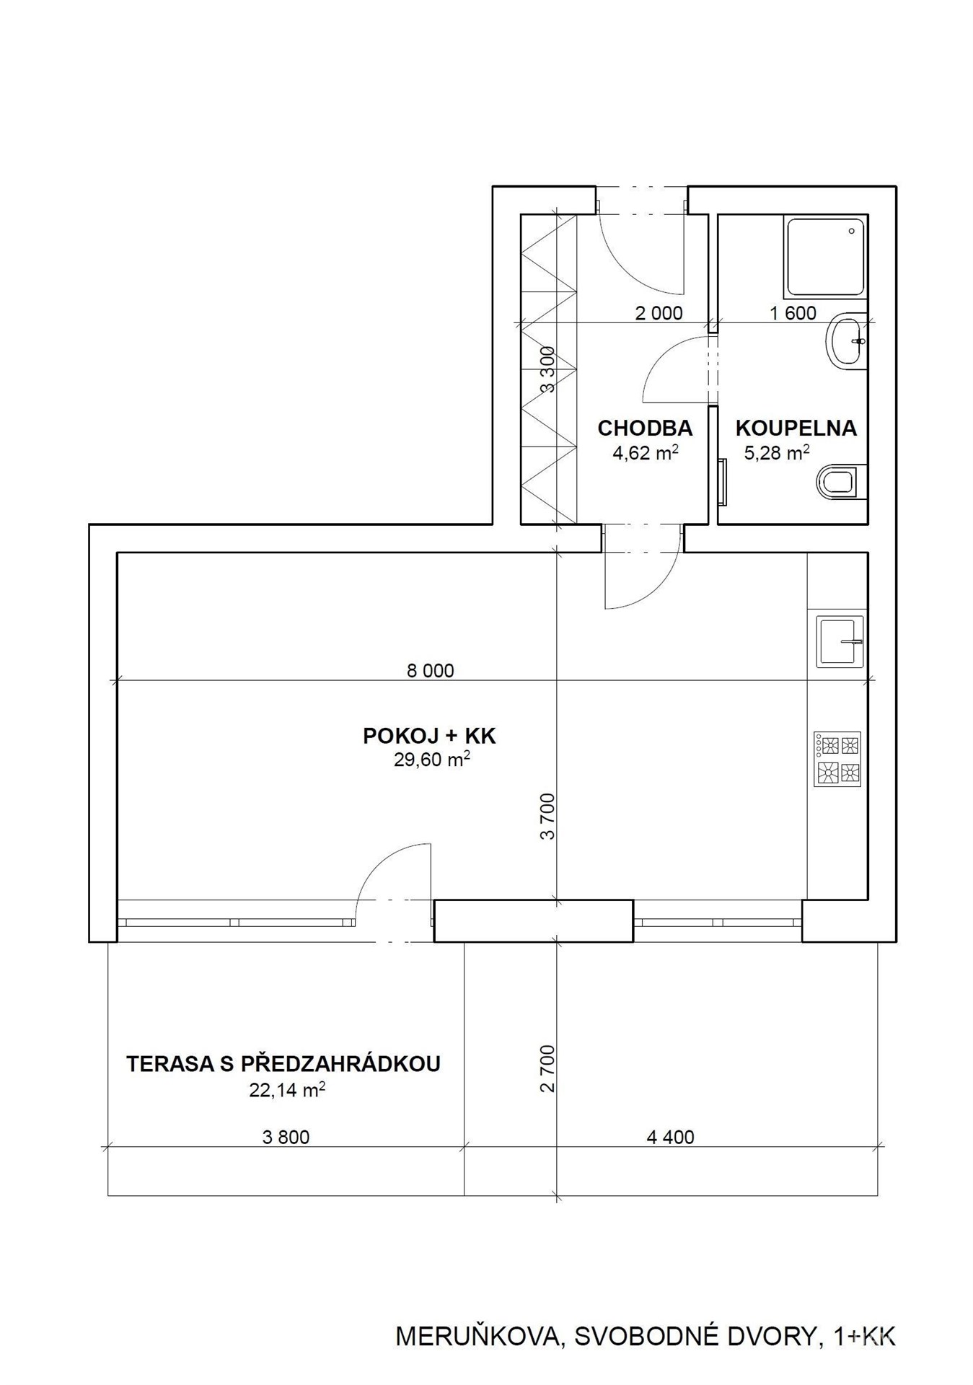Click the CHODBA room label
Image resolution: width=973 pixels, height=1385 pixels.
[x=645, y=428]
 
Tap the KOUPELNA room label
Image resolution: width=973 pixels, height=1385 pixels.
[x=796, y=428]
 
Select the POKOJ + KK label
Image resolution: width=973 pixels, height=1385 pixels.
[x=430, y=736]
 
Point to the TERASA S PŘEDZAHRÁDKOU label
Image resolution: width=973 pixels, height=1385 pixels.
[x=283, y=1064]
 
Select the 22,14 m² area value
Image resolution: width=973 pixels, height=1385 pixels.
[x=287, y=1089]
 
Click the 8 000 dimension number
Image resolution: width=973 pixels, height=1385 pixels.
[x=431, y=671]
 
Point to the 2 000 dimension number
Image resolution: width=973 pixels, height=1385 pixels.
[x=659, y=313]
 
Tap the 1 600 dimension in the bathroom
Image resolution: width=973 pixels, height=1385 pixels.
[x=793, y=313]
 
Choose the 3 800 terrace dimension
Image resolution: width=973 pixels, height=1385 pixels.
[x=286, y=1138]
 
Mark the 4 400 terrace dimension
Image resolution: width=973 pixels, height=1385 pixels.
[x=671, y=1138]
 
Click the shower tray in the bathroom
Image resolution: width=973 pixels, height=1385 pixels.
[x=825, y=257]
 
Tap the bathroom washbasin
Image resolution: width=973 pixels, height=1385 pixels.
[x=846, y=341]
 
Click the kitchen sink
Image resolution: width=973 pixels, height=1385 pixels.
[x=840, y=641]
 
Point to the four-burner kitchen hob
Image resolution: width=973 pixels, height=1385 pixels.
[x=837, y=760]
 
